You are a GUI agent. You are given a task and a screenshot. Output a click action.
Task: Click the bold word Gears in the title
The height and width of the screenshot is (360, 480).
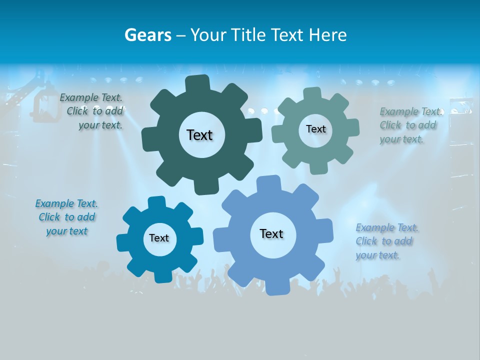click(147, 35)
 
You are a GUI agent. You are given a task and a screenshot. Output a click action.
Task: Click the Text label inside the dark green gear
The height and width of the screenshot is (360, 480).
click(199, 135)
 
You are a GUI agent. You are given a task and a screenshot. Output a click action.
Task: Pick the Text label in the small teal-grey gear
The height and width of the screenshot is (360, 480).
click(315, 129)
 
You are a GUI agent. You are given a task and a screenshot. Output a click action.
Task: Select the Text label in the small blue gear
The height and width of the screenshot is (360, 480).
click(159, 238)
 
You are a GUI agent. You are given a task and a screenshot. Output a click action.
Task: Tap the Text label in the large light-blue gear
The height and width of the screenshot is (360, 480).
click(271, 233)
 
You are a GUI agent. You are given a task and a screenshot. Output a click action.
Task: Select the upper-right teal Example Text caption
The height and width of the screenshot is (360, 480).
click(410, 125)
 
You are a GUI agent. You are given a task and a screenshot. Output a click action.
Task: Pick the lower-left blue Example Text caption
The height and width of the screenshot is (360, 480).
click(66, 217)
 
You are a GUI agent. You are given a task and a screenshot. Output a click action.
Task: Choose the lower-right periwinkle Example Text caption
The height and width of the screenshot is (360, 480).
click(386, 241)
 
